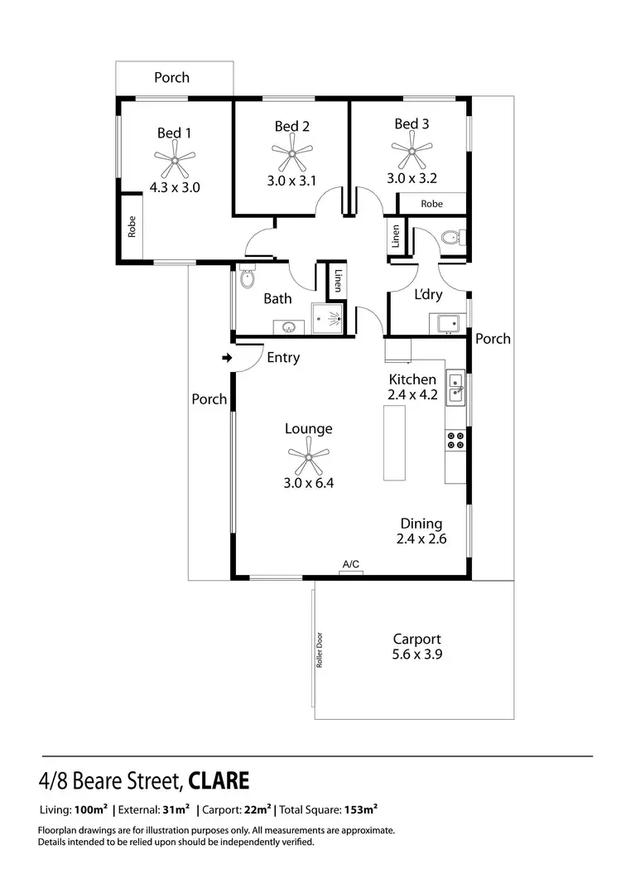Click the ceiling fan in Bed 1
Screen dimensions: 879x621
175,157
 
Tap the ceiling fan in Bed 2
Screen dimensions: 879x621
292,151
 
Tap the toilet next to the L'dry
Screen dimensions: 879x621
452,239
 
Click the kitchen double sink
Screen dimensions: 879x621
455,388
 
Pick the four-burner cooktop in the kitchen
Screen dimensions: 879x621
455,439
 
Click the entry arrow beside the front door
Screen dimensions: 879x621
227,358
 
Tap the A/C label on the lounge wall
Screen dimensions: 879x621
351,563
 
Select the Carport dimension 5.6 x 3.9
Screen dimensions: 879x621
416,654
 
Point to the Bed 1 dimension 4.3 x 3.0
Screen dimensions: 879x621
175,187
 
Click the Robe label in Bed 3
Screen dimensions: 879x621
431,204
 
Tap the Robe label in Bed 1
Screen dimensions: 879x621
131,227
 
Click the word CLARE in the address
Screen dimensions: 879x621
219,780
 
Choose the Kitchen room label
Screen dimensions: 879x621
412,379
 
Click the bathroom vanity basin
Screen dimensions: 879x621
289,326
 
